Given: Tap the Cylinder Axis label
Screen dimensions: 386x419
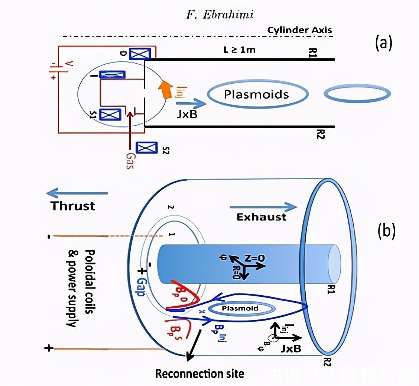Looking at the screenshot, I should (x=300, y=30).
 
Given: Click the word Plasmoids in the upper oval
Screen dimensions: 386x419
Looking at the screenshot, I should (x=256, y=94).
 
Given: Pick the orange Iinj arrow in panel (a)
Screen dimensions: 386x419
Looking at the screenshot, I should (x=163, y=89).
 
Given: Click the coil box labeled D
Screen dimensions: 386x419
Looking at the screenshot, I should (x=140, y=54).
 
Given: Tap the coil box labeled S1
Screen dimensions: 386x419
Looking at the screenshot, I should (x=110, y=115).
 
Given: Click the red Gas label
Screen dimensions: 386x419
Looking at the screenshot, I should (x=129, y=161).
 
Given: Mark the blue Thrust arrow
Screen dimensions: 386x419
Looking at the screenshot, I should (x=77, y=193).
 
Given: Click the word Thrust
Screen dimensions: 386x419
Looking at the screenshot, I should (x=73, y=206).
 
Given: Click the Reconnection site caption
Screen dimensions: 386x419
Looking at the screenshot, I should (x=200, y=373).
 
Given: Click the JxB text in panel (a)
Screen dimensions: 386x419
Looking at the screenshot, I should (x=187, y=115).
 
